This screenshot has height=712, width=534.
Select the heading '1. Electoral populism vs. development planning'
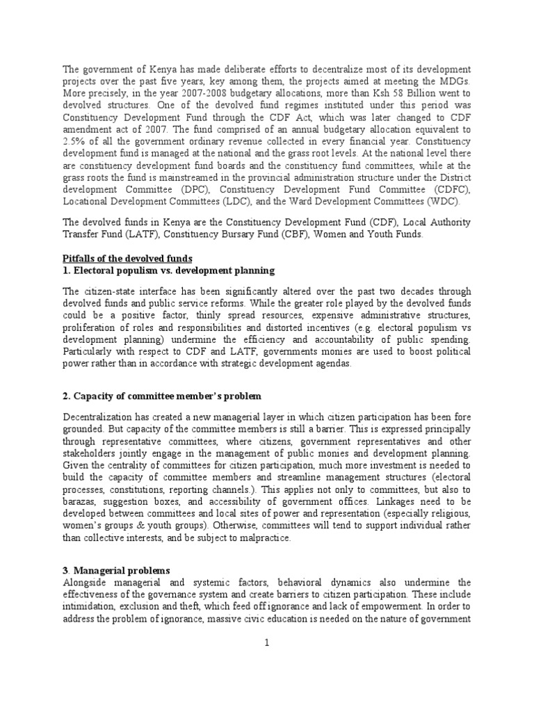pyautogui.click(x=169, y=270)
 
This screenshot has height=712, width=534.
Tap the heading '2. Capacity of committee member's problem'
pyautogui.click(x=162, y=396)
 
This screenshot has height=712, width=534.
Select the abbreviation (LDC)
pyautogui.click(x=240, y=201)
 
